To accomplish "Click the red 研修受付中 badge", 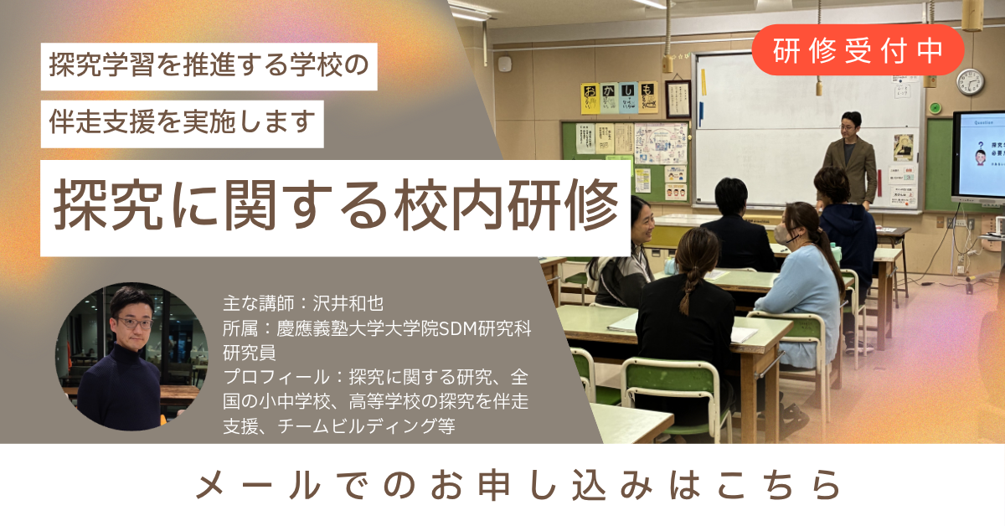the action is (858, 50).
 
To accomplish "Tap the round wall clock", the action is (970, 82).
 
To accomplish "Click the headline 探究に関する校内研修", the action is (336, 204).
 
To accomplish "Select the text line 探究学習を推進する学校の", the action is (209, 65).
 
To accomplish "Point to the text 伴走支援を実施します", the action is (183, 122).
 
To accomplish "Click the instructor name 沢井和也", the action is (348, 304).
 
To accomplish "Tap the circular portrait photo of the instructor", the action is (131, 356).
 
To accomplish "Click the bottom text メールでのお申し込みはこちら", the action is (518, 485).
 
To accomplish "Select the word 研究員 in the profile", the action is (249, 353).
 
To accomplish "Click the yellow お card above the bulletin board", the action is (590, 98).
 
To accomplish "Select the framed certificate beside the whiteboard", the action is (678, 99).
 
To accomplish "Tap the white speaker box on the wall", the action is (505, 64).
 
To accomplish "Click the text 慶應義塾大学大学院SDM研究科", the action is (404, 328).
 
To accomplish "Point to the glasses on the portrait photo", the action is (134, 322).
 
